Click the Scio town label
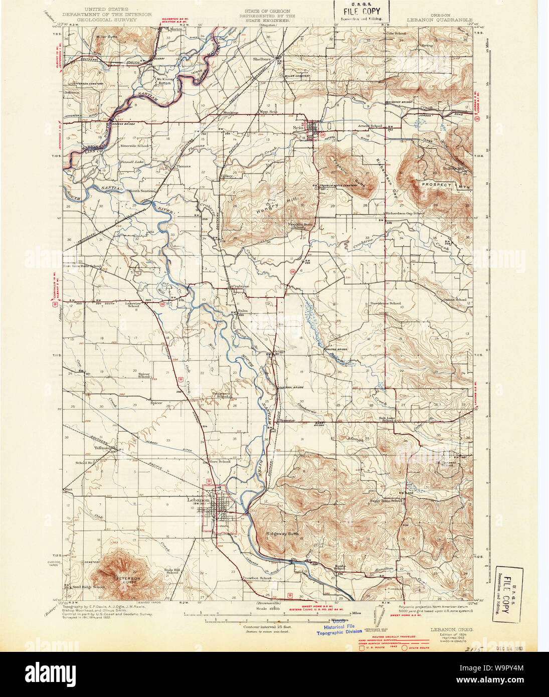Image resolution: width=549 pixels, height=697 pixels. pyautogui.click(x=298, y=127)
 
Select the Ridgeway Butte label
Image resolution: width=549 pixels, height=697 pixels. pyautogui.click(x=282, y=534)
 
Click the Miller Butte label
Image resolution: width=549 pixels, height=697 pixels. pyautogui.click(x=106, y=37)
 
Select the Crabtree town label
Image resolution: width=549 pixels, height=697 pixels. pyautogui.click(x=240, y=286)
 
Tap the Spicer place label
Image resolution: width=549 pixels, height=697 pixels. pyautogui.click(x=156, y=403)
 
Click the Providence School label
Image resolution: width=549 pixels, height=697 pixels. pyautogui.click(x=385, y=303)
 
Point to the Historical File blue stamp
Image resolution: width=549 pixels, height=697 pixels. pyautogui.click(x=339, y=629)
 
